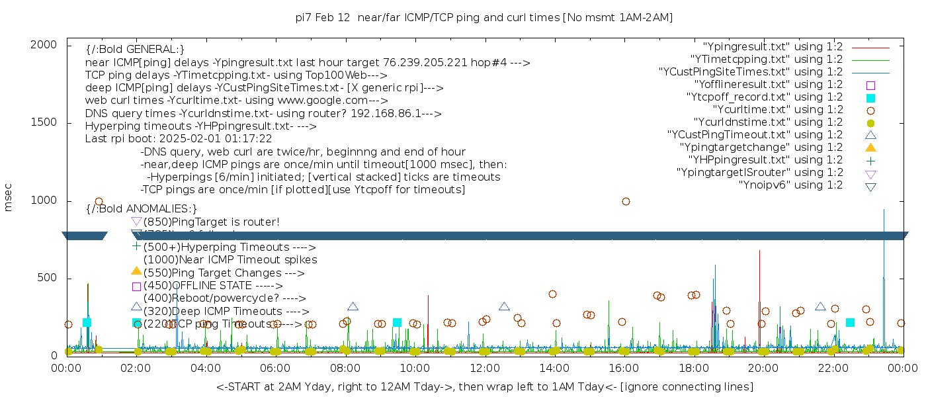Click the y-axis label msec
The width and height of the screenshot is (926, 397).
(9, 198)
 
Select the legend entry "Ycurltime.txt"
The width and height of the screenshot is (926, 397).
(777, 110)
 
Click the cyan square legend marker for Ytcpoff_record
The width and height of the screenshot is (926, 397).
(870, 98)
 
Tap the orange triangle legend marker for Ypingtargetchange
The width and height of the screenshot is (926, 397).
(870, 148)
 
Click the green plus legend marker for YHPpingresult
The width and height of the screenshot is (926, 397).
(870, 160)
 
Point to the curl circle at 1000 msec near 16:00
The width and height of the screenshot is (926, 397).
(626, 201)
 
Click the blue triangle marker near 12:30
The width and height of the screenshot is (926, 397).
(504, 306)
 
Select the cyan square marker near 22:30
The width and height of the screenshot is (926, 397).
(850, 322)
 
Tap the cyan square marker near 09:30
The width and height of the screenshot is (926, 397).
(397, 322)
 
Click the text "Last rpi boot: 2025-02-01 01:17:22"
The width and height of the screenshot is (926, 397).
(179, 139)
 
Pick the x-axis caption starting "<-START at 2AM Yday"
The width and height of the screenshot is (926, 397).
(484, 386)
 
